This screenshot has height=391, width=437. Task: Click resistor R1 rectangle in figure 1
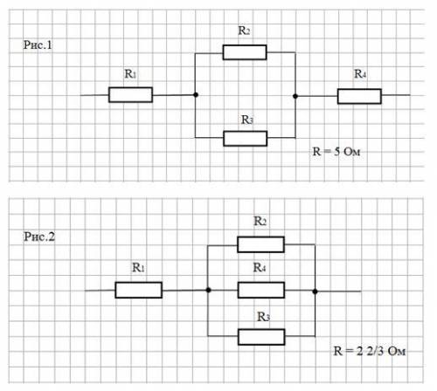[x=130, y=95]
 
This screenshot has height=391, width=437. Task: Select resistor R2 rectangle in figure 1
[x=245, y=52]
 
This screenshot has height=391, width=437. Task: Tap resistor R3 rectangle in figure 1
[x=246, y=139]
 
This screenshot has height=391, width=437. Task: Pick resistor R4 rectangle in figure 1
[x=359, y=96]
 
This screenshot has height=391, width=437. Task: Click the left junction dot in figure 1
[x=196, y=94]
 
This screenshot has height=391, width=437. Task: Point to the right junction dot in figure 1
[x=295, y=96]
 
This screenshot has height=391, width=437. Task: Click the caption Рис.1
[x=38, y=45]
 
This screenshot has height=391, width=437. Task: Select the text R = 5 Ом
[x=336, y=152]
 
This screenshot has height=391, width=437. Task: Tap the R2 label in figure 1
[x=244, y=31]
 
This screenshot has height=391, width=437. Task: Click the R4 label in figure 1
[x=360, y=74]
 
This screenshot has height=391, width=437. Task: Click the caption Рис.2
[x=39, y=237]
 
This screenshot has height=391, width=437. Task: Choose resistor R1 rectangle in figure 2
[x=139, y=290]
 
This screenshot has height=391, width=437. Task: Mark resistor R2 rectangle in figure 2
[x=260, y=244]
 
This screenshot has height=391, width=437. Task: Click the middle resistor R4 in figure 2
[x=261, y=290]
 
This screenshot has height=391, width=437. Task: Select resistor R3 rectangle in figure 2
[x=261, y=337]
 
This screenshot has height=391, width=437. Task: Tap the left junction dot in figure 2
[x=208, y=290]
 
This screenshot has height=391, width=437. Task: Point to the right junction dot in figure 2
[x=315, y=292]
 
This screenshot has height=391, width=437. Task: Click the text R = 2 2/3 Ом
[x=370, y=351]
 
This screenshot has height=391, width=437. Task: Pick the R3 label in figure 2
[x=263, y=317]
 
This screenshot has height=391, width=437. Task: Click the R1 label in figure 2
[x=138, y=267]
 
